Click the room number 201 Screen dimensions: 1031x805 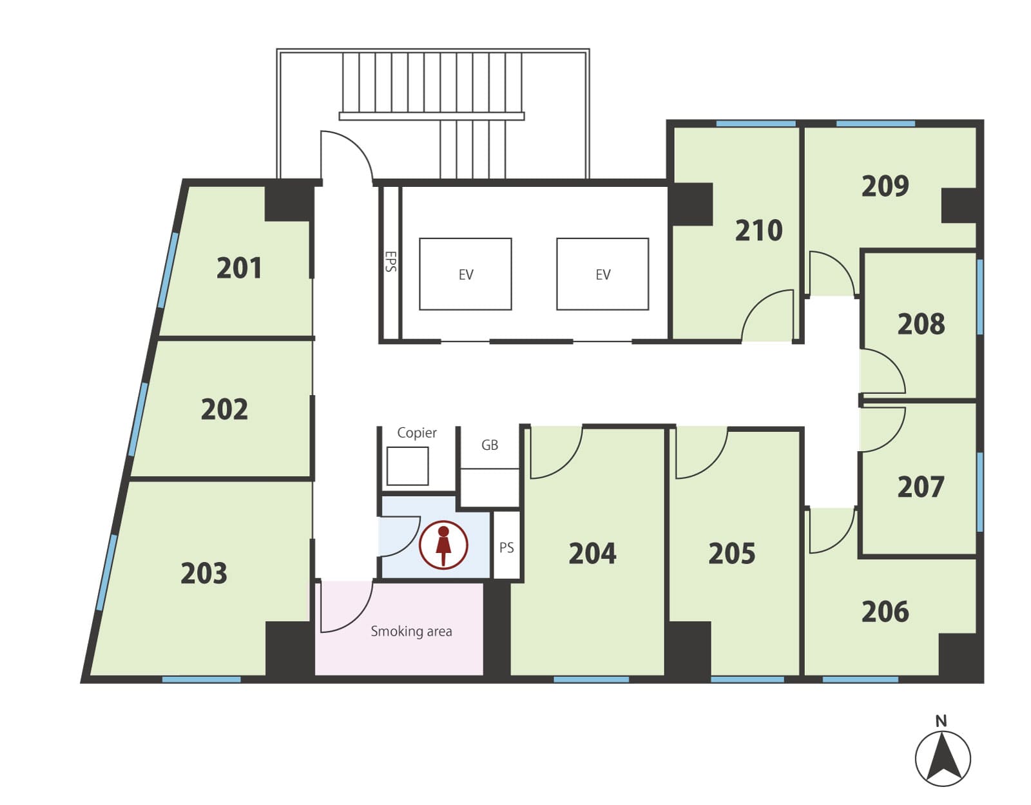239,268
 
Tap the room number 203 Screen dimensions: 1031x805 204,573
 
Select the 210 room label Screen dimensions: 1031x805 758,231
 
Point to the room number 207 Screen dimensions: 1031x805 921,487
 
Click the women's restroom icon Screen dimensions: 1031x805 443,545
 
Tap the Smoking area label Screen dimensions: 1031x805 411,632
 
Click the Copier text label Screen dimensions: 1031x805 417,432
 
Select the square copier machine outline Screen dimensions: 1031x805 407,466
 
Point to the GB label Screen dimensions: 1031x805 490,445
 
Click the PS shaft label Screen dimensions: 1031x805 506,548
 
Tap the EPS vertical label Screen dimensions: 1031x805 390,262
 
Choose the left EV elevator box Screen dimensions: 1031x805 465,274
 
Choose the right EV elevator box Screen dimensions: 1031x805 602,274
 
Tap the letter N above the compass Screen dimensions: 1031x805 941,721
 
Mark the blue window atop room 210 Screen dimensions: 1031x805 756,124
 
